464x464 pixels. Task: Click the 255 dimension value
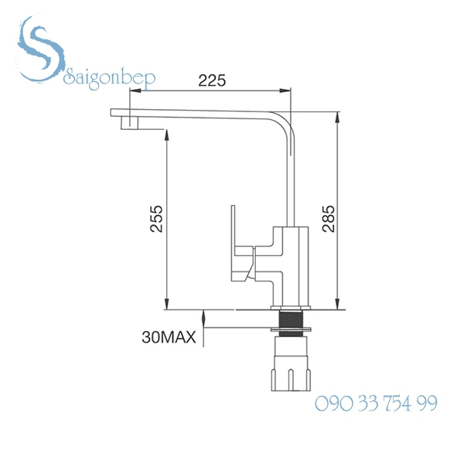[x=157, y=220]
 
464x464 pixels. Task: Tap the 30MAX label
[x=166, y=336]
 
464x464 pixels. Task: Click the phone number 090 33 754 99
[x=377, y=404]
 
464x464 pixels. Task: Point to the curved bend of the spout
[x=285, y=125]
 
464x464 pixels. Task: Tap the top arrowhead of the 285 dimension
[x=338, y=120]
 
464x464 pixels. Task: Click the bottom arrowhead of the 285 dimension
[x=338, y=304]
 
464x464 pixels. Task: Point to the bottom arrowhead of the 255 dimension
[x=166, y=304]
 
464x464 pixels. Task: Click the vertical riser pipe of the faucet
[x=292, y=186]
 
